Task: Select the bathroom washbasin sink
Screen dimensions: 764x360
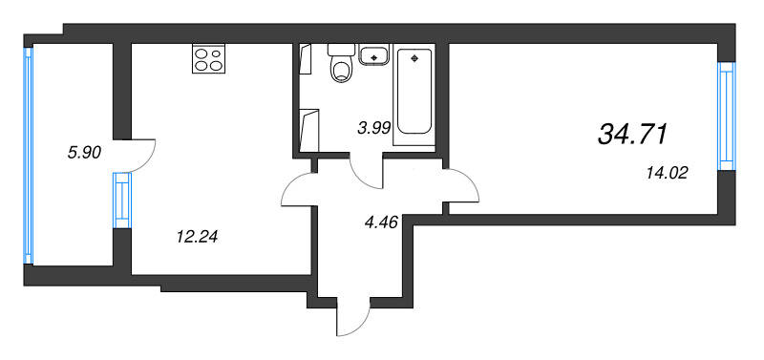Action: [x=374, y=54]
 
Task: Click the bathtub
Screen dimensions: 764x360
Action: [x=414, y=91]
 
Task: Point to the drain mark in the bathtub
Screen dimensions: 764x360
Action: [x=414, y=58]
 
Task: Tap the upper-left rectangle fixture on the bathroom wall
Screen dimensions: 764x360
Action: [x=307, y=58]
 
